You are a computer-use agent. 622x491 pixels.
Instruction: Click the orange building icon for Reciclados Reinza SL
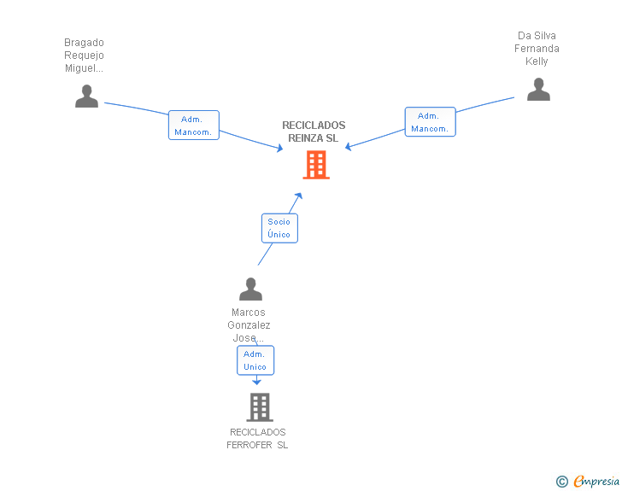click(316, 165)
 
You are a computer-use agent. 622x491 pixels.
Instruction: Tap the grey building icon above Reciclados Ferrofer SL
click(259, 407)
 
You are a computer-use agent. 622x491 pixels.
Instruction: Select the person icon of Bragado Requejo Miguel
click(86, 96)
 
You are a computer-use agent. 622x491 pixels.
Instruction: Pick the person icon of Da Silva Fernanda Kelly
click(538, 90)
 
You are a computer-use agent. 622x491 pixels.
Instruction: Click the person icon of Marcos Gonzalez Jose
click(250, 289)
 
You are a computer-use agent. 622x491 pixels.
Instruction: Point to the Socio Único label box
click(279, 228)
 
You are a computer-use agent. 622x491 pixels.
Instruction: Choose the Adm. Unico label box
click(255, 360)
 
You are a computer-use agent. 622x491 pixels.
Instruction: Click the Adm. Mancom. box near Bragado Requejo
click(194, 126)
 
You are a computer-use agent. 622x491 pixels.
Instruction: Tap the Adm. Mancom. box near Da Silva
click(430, 122)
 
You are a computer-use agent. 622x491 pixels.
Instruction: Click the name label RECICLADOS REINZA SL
click(314, 132)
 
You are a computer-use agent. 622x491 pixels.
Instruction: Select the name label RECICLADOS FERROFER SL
click(257, 438)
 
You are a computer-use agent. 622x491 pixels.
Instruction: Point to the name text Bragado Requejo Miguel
click(84, 56)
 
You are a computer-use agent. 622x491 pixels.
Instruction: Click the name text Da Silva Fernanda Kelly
click(537, 49)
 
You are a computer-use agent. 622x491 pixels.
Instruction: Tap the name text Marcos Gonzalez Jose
click(249, 324)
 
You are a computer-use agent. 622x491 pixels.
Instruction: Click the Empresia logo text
click(596, 481)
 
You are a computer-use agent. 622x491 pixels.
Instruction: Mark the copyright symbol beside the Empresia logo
click(561, 482)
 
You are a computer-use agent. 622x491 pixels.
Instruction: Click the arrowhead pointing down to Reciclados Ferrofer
click(256, 381)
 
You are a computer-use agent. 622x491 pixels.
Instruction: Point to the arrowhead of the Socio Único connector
click(298, 196)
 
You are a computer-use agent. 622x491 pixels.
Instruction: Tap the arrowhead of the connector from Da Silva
click(349, 147)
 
